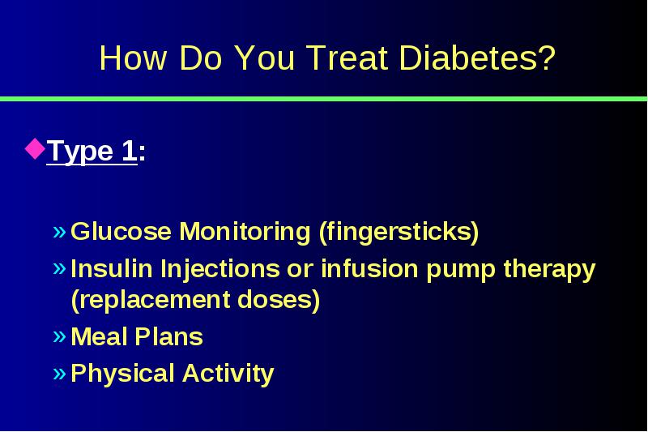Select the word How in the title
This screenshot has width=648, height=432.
point(133,58)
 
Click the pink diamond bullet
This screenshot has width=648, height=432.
point(35,149)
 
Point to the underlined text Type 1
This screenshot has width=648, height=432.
point(92,151)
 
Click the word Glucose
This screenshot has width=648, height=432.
point(121,231)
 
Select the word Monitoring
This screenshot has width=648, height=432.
point(245,232)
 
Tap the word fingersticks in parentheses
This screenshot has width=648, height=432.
point(399,232)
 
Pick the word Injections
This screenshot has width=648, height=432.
point(220,270)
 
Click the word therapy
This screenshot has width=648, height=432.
point(550,270)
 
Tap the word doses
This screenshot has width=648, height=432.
point(279,299)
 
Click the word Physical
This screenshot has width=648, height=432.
point(122,374)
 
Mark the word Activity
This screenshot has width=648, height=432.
point(228,374)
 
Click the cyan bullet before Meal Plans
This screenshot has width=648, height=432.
point(59,336)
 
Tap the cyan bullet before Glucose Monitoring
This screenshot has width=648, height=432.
point(59,232)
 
